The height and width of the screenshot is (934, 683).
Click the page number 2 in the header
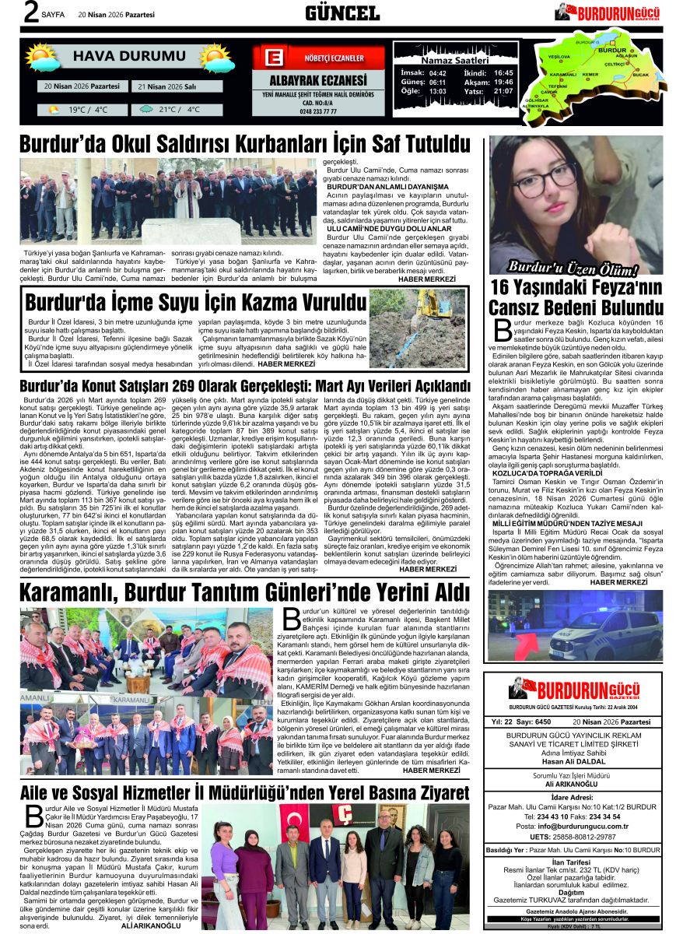click(x=30, y=13)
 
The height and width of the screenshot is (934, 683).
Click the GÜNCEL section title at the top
click(x=342, y=12)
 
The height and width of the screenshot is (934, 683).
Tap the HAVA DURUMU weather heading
click(x=129, y=56)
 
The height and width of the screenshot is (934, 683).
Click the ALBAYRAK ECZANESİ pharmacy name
click(x=317, y=81)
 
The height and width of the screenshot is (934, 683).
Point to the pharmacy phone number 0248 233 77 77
click(x=317, y=111)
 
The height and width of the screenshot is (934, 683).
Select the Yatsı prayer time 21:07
click(x=503, y=91)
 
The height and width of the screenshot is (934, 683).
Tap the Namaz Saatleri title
click(x=454, y=60)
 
